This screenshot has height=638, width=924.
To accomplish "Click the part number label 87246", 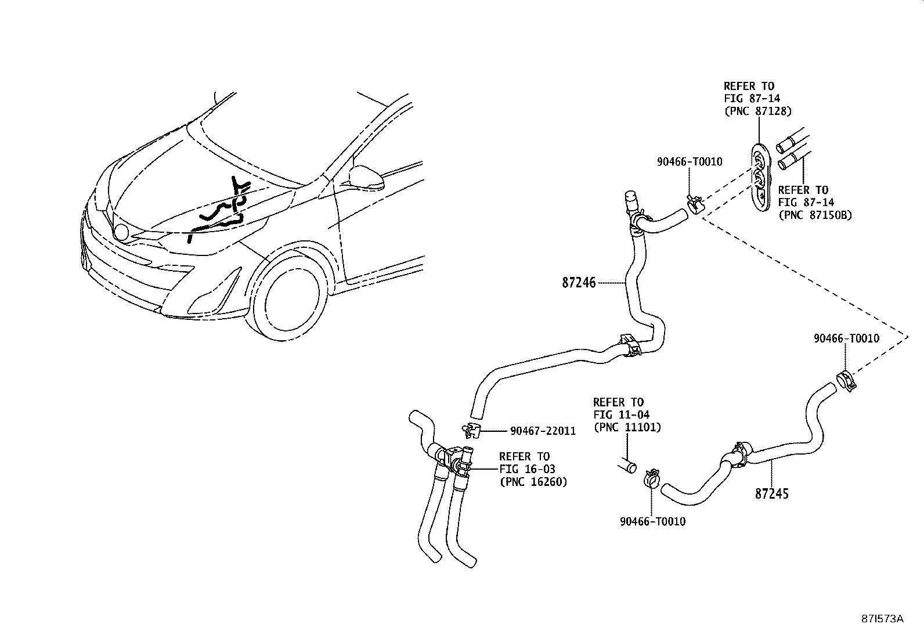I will point(579,283).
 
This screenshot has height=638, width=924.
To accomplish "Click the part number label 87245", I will point(771,494).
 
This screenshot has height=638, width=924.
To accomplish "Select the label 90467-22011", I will point(543,431).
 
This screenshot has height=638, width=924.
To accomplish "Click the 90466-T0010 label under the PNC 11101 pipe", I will point(652,521).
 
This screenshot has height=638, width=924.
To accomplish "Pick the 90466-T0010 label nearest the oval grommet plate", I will point(690,162).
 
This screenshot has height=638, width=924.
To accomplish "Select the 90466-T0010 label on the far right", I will point(846,338).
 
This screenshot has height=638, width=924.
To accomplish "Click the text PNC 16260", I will point(533,481).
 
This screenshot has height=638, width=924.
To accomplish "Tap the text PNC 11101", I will point(627,427).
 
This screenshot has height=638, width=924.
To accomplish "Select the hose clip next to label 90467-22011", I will point(471,431).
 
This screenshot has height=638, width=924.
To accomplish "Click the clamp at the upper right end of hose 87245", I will point(847,380).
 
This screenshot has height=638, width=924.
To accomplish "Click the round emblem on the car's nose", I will point(121,232).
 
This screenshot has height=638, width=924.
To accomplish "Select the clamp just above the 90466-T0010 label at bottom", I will point(651,480).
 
